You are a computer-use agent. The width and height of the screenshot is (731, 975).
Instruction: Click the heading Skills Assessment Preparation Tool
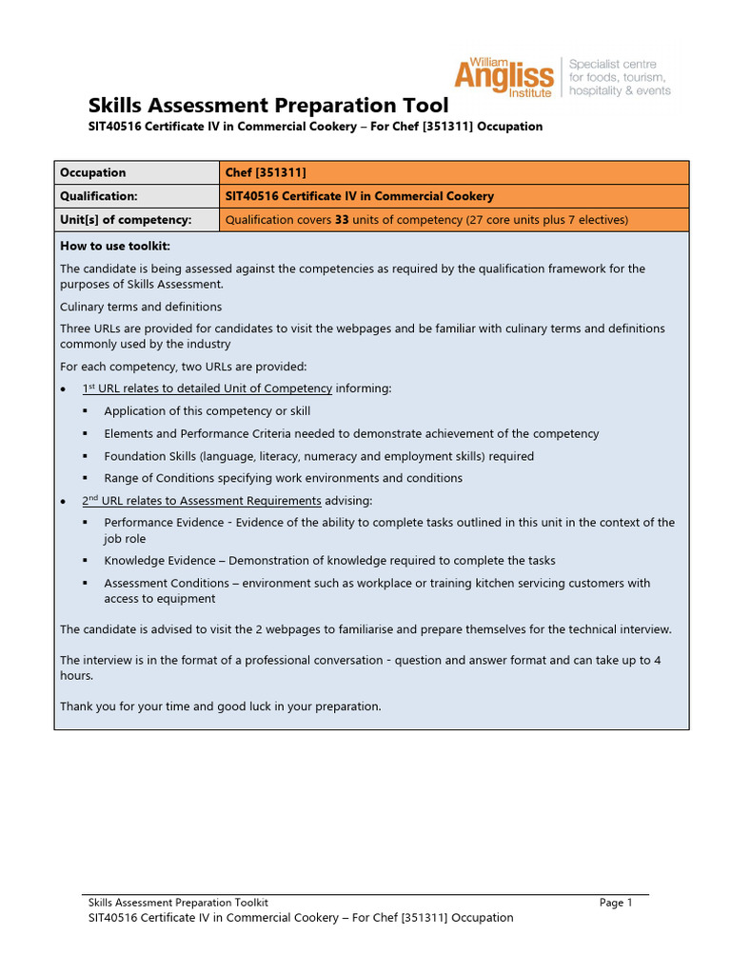tap(267, 105)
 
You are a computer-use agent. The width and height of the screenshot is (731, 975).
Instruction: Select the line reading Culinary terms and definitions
tap(141, 307)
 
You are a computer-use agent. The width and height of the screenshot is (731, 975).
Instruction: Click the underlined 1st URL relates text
tap(207, 388)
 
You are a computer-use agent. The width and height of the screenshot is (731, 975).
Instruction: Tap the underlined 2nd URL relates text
tap(201, 501)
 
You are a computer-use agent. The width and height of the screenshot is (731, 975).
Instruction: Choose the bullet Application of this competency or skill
tap(207, 411)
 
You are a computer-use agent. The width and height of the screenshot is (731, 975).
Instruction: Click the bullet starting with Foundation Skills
tap(319, 456)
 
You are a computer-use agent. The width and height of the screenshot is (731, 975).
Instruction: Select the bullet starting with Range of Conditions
tap(283, 478)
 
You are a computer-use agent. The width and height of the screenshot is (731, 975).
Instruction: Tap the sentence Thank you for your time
tap(220, 706)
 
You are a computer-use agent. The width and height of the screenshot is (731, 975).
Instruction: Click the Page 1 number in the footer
tap(616, 903)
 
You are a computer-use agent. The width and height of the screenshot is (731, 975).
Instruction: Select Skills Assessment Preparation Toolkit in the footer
tap(178, 903)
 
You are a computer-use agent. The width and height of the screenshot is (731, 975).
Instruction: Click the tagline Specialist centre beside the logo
tap(612, 64)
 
